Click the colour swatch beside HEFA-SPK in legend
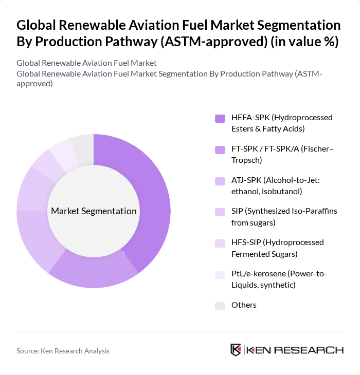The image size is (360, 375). click(220, 119)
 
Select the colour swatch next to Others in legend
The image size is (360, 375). click(220, 306)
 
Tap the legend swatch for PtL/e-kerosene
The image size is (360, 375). click(220, 275)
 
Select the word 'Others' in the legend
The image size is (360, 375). click(244, 305)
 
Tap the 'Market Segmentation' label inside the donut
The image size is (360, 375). click(94, 211)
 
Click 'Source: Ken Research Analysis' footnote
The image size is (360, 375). click(63, 351)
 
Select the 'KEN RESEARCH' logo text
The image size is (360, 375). click(295, 350)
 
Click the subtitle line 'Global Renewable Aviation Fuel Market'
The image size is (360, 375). click(86, 63)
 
